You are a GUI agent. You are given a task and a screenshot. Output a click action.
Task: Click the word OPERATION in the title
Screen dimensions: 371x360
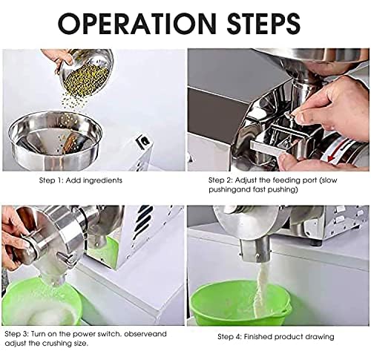[137, 24]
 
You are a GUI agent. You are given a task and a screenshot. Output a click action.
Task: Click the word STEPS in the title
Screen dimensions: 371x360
[263, 24]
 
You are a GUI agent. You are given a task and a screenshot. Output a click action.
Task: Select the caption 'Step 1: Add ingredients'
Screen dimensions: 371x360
[81, 180]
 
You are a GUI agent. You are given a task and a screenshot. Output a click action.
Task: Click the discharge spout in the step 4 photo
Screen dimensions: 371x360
[255, 250]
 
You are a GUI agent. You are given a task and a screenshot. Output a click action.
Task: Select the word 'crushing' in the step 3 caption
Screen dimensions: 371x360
[59, 344]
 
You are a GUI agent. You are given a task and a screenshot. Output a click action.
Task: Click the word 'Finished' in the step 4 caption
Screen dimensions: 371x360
[257, 337]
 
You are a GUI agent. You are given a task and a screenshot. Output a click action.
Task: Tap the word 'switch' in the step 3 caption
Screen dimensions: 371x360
[108, 334]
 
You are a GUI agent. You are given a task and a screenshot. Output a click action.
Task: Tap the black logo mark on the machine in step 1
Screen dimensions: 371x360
[142, 143]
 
